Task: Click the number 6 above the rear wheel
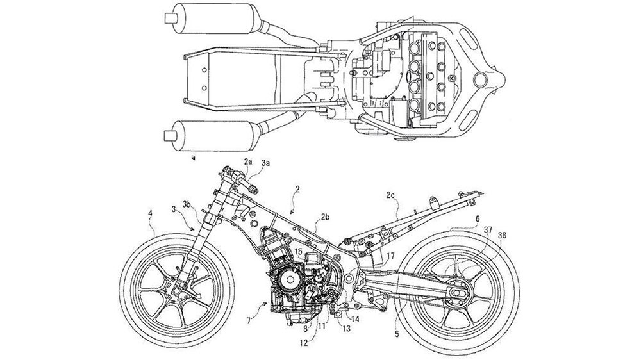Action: coord(478,218)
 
